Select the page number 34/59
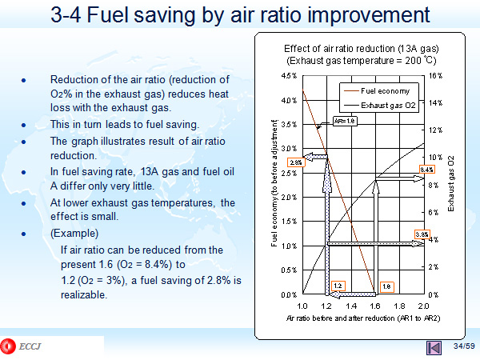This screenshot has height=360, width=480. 463,346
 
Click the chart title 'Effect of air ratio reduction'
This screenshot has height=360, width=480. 362,49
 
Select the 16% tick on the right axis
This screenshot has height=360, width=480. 435,76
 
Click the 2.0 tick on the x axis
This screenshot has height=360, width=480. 424,306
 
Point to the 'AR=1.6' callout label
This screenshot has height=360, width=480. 344,121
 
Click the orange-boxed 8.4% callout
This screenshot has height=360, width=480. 426,170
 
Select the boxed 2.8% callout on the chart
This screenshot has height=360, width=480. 295,162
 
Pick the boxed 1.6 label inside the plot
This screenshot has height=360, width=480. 386,286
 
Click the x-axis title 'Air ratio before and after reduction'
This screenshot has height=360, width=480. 364,318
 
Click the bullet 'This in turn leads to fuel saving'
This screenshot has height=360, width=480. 124,125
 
